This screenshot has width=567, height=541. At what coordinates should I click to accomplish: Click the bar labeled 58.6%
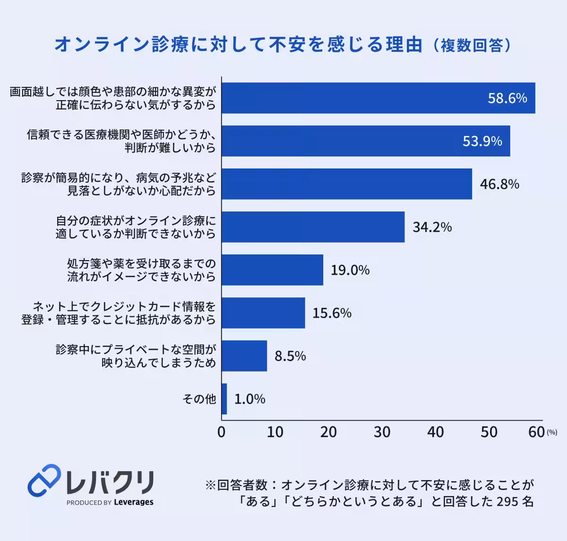pyautogui.click(x=378, y=98)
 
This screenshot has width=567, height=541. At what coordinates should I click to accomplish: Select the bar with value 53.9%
pyautogui.click(x=366, y=141)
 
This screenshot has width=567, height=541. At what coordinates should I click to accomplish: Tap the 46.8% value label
pyautogui.click(x=499, y=184)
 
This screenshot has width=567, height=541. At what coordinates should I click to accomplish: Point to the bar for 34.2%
pyautogui.click(x=313, y=227)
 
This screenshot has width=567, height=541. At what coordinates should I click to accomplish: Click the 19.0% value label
pyautogui.click(x=350, y=270)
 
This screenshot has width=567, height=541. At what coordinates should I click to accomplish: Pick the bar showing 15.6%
pyautogui.click(x=263, y=313)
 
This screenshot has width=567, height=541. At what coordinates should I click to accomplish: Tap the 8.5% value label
pyautogui.click(x=290, y=356)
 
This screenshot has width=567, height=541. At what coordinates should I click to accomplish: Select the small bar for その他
pyautogui.click(x=224, y=399)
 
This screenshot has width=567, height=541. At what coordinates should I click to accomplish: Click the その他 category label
pyautogui.click(x=199, y=399)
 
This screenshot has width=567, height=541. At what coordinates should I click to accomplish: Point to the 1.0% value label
pyautogui.click(x=249, y=399)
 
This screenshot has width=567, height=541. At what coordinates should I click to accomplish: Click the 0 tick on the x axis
pyautogui.click(x=221, y=432)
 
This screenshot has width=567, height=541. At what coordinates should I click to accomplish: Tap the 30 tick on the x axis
pyautogui.click(x=382, y=432)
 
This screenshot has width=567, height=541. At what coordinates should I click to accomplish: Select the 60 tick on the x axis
pyautogui.click(x=537, y=432)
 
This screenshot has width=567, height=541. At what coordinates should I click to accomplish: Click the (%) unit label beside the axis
pyautogui.click(x=552, y=432)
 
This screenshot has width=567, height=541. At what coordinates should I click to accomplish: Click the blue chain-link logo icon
pyautogui.click(x=44, y=481)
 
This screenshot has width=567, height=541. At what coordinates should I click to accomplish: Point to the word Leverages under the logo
pyautogui.click(x=134, y=502)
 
